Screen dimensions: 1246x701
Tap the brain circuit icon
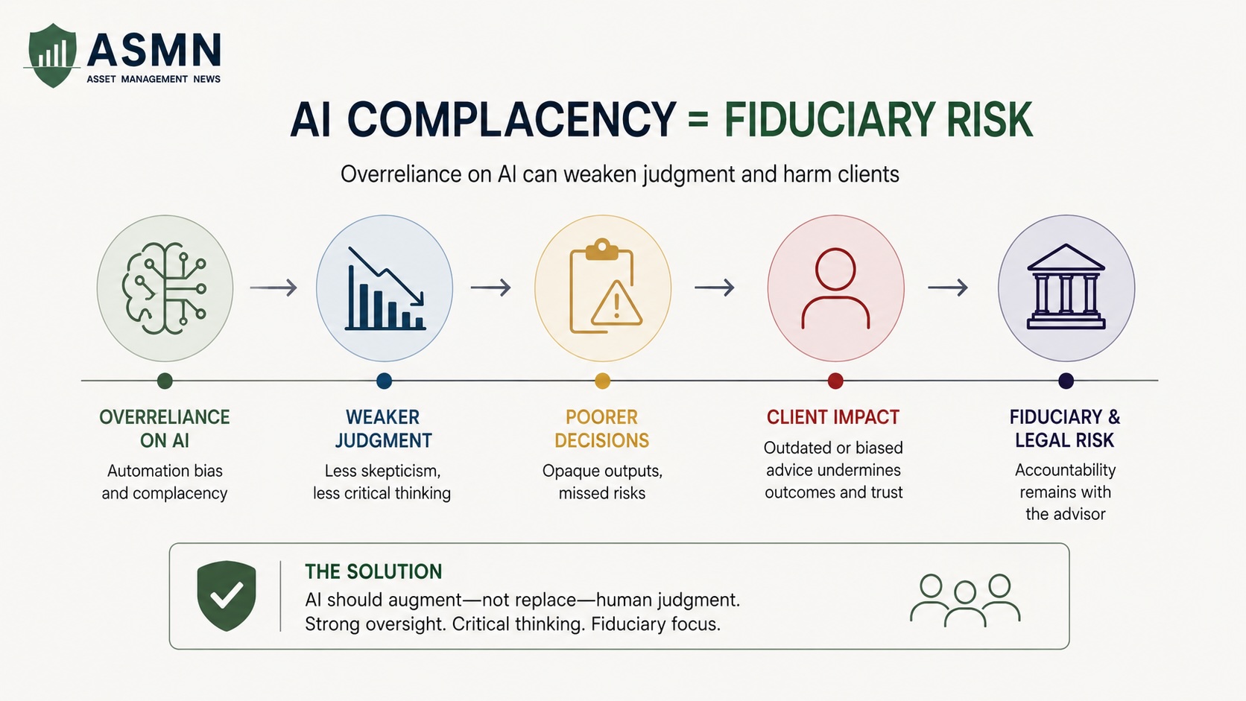(x=165, y=288)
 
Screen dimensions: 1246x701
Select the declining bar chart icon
(x=385, y=288)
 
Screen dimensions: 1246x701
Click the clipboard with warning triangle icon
(x=605, y=286)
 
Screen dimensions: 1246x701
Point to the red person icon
(x=835, y=288)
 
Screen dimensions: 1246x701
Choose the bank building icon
(x=1065, y=286)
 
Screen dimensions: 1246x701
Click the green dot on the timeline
(x=165, y=381)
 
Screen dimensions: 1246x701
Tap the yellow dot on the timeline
(x=602, y=381)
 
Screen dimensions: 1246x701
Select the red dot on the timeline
(x=835, y=381)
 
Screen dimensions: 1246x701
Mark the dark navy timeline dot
(x=1066, y=381)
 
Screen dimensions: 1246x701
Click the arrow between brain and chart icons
(x=273, y=288)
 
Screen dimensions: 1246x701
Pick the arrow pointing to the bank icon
(x=948, y=288)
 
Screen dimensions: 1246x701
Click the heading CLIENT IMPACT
(x=832, y=417)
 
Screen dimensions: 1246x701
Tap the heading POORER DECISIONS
(x=602, y=428)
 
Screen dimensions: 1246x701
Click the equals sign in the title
(x=698, y=120)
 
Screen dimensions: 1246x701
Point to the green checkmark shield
(x=227, y=595)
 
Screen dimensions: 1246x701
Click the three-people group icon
(x=965, y=601)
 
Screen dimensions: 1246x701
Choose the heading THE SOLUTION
(x=373, y=571)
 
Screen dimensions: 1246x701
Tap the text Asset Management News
(x=154, y=79)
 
